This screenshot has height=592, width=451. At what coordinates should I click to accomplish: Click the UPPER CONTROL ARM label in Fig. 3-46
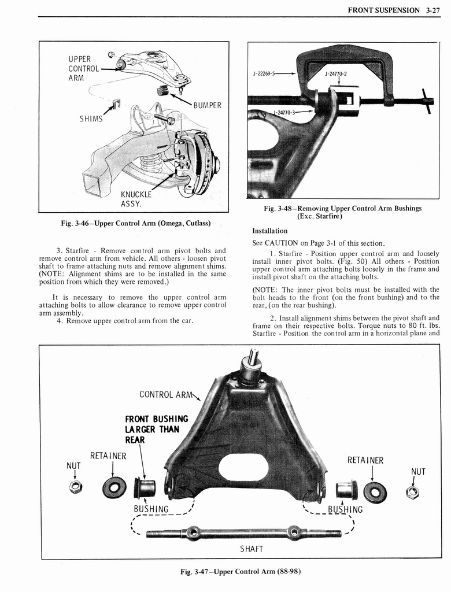coord(79,68)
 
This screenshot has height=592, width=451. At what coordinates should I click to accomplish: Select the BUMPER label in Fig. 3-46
coord(208,106)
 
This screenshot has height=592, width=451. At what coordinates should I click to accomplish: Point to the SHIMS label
coord(91,119)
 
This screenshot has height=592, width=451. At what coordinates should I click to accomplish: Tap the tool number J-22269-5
coord(265,74)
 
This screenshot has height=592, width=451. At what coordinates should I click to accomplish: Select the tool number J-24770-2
coord(336,74)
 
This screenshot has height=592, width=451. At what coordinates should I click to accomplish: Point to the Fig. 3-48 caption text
coord(342,212)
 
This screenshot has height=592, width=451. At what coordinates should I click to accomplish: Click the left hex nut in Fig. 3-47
coord(75,487)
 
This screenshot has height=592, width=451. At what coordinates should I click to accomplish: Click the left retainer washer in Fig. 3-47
coord(114,487)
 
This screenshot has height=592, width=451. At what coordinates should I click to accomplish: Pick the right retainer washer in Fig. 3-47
coord(375,492)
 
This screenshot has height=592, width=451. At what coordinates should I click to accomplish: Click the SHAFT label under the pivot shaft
coord(251,548)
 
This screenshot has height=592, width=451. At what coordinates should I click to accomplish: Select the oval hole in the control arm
coord(243,467)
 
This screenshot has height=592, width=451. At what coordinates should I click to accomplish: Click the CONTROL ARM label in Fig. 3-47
coord(164,395)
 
